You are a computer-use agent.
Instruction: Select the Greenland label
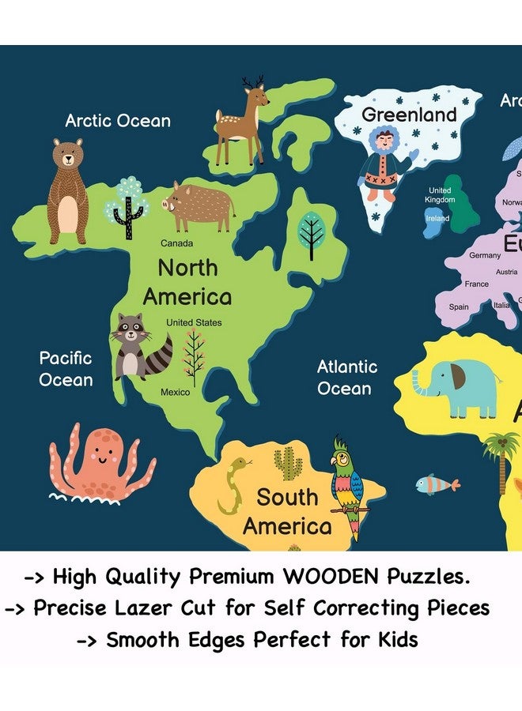click(409, 115)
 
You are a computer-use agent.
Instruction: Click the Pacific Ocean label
click(66, 369)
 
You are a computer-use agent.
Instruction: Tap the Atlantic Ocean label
click(346, 378)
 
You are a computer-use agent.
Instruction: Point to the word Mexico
click(176, 392)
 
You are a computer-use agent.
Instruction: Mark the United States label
click(194, 322)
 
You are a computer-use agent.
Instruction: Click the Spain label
click(459, 307)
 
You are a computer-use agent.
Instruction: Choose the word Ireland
click(437, 219)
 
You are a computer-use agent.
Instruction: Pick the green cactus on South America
click(287, 463)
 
